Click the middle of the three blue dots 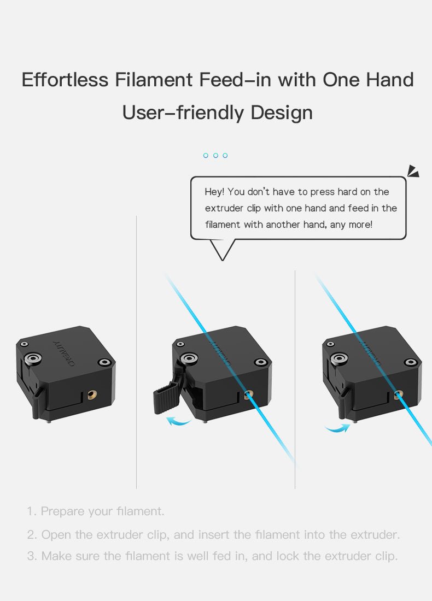(215, 156)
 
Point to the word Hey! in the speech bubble (214, 192)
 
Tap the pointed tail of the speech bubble (223, 252)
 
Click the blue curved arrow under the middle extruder (178, 420)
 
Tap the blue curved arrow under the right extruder (336, 428)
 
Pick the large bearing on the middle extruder (190, 358)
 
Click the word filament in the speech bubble (222, 225)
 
